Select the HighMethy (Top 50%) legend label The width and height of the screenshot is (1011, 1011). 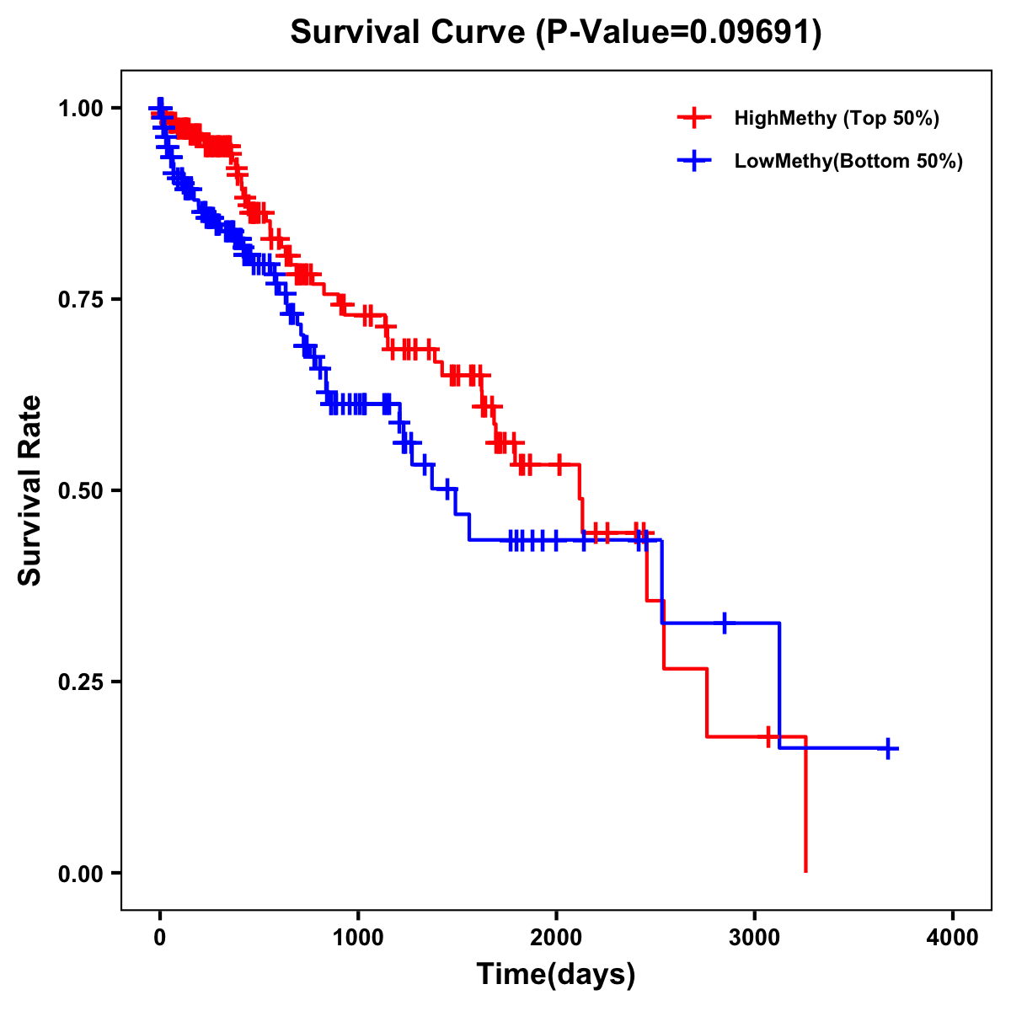pos(837,118)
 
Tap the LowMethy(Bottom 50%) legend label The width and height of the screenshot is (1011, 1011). pos(848,161)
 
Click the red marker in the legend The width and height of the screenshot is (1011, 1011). pos(694,118)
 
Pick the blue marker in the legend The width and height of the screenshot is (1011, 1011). pos(694,161)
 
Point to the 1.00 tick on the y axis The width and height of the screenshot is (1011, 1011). pos(80,108)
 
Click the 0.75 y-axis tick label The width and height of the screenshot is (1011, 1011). pos(80,299)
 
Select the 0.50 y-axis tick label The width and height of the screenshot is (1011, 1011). pos(80,490)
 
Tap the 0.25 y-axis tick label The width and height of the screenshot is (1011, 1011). pos(80,682)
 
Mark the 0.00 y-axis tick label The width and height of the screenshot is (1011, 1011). pos(80,874)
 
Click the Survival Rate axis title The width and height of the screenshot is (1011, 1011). pos(30,490)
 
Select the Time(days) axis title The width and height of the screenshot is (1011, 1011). pos(556,975)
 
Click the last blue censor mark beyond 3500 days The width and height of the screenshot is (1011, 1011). pos(888,748)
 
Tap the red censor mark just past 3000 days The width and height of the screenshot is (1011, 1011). pos(768,736)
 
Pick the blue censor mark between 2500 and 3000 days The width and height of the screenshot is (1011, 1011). pos(724,623)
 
